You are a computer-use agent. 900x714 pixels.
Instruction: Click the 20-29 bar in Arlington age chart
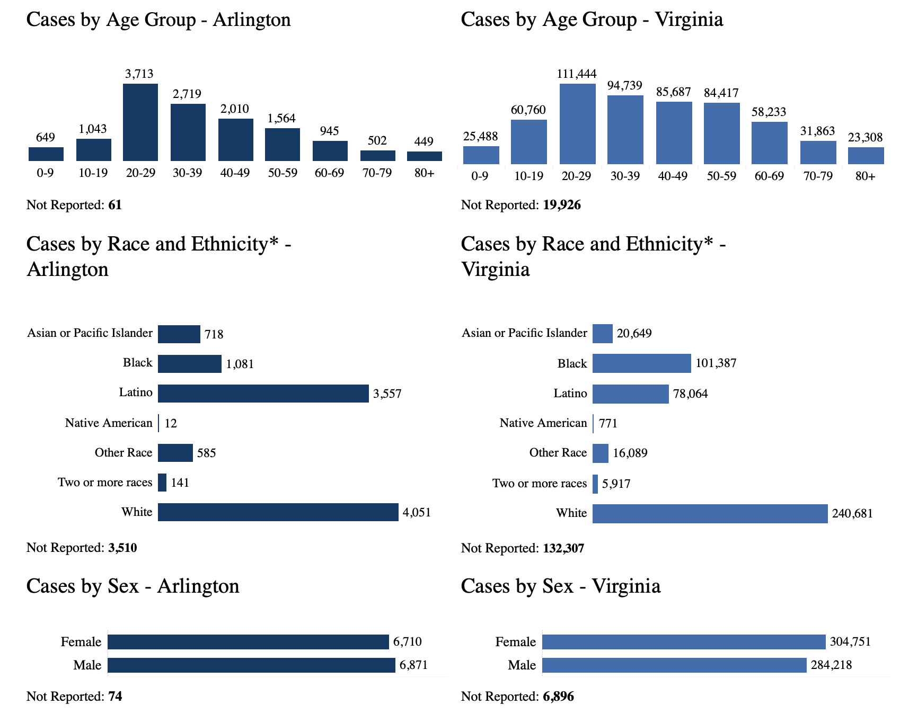pos(140,122)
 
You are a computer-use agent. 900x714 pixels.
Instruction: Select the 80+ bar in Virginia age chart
pos(866,156)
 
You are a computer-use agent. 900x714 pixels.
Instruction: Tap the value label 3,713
pos(139,74)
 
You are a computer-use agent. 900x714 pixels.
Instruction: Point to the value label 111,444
pos(577,74)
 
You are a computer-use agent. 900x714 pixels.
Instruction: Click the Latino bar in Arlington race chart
pos(263,394)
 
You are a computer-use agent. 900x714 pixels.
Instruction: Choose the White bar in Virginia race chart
pos(710,513)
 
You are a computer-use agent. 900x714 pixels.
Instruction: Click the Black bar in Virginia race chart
pos(641,363)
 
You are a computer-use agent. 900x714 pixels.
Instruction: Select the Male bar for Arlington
pos(251,665)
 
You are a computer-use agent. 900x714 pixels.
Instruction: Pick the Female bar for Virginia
pos(684,642)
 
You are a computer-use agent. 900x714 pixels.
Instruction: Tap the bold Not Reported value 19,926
pos(562,205)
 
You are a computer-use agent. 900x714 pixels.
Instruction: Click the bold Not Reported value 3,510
pos(122,548)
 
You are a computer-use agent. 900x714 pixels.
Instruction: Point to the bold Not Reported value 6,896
pos(558,697)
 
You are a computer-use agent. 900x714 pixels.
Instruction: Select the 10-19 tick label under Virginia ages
pos(528,176)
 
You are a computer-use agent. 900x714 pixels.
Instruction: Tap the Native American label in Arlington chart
pos(109,423)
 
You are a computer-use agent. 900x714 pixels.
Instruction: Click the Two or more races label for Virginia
pos(540,484)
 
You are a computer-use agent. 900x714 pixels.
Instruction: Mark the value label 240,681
pos(852,513)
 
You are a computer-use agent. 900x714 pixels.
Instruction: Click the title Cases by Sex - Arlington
pos(133,586)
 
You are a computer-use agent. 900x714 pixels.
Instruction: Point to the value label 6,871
pos(413,665)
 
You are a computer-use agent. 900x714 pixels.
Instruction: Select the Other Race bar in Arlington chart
pos(175,453)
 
